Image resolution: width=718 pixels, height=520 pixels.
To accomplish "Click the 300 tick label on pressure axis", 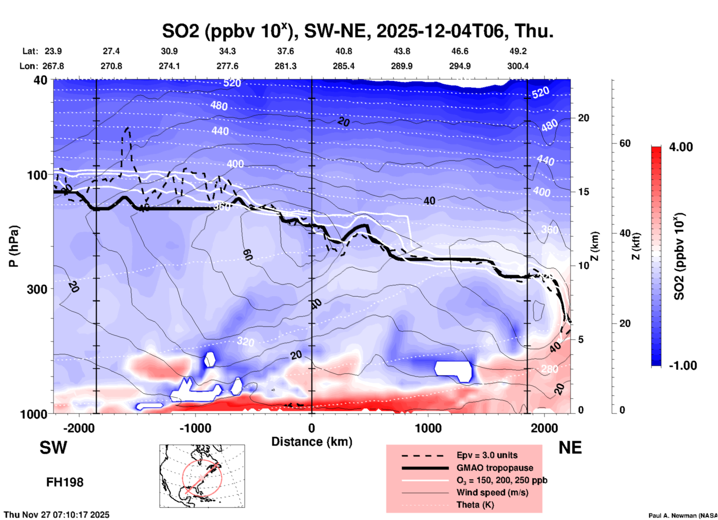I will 37,289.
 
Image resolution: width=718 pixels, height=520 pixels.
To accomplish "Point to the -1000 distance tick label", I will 195,428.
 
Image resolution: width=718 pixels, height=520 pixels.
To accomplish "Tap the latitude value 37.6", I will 285,51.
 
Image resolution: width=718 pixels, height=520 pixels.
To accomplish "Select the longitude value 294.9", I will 459,66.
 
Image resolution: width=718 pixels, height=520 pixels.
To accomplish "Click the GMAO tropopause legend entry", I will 494,468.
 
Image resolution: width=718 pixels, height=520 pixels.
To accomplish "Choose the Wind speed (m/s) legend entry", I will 492,492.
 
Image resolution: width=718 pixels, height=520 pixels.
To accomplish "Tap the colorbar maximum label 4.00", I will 681,147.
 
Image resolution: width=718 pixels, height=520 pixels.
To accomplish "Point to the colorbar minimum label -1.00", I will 683,365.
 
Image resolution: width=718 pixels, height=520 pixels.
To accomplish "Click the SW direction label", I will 53,448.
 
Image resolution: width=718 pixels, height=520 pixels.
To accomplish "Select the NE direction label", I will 570,448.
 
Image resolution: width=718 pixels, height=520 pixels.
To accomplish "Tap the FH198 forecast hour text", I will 65,482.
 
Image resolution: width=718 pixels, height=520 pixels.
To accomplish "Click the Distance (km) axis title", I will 312,442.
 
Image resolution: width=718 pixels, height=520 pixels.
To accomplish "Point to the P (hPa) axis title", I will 14,246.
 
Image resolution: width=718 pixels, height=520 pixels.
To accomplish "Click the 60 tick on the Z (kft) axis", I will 624,143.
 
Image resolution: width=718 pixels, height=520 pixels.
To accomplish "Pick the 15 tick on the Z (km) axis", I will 583,192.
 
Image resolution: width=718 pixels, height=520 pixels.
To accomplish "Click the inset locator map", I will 202,476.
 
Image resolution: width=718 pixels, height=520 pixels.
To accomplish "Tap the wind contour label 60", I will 248,255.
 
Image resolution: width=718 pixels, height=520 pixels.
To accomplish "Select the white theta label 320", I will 246,341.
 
